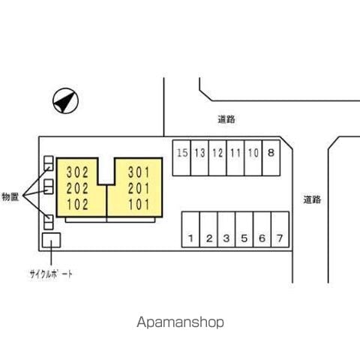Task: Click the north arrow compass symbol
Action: tap(65, 101)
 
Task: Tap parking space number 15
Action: tap(181, 158)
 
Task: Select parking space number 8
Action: tap(271, 158)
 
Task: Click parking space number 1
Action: tap(190, 229)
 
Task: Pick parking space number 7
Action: tap(280, 229)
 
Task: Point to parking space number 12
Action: tap(217, 158)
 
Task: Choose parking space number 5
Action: tap(244, 229)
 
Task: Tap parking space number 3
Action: tap(226, 229)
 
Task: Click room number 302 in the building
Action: tap(77, 172)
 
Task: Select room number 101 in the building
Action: tap(139, 205)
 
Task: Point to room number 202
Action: tap(77, 188)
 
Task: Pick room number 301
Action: tap(139, 172)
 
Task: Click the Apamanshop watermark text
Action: tap(180, 322)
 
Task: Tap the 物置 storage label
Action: tap(10, 196)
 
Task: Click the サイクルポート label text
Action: tap(51, 274)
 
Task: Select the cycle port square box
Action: tap(51, 240)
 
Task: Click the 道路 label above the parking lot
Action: tap(226, 119)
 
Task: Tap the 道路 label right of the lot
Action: tap(312, 199)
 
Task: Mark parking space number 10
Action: tap(253, 158)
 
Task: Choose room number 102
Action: tap(77, 205)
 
